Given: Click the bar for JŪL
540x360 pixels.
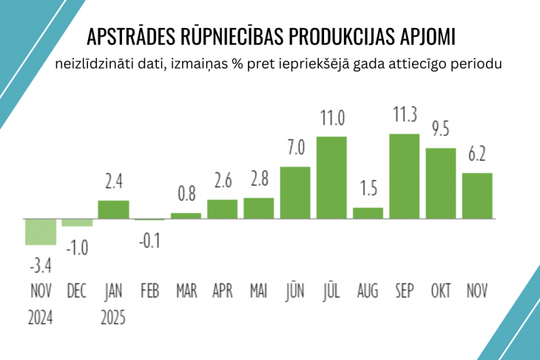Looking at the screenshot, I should (331, 177).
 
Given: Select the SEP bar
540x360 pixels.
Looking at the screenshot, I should (404, 176).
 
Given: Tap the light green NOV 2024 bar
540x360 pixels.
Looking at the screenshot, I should (41, 231).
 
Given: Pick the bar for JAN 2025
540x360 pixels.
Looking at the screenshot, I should (113, 209).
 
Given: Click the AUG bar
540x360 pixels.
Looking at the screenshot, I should (368, 213).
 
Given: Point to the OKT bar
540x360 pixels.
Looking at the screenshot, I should (441, 183).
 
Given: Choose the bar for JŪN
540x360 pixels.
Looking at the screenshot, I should (295, 192).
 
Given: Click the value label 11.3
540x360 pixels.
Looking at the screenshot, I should (404, 115).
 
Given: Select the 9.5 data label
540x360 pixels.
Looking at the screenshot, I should (441, 129).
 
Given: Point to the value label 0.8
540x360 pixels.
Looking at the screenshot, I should (186, 195).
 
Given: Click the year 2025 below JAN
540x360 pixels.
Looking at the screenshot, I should (113, 319).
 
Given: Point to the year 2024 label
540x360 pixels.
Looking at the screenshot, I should (41, 319).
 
